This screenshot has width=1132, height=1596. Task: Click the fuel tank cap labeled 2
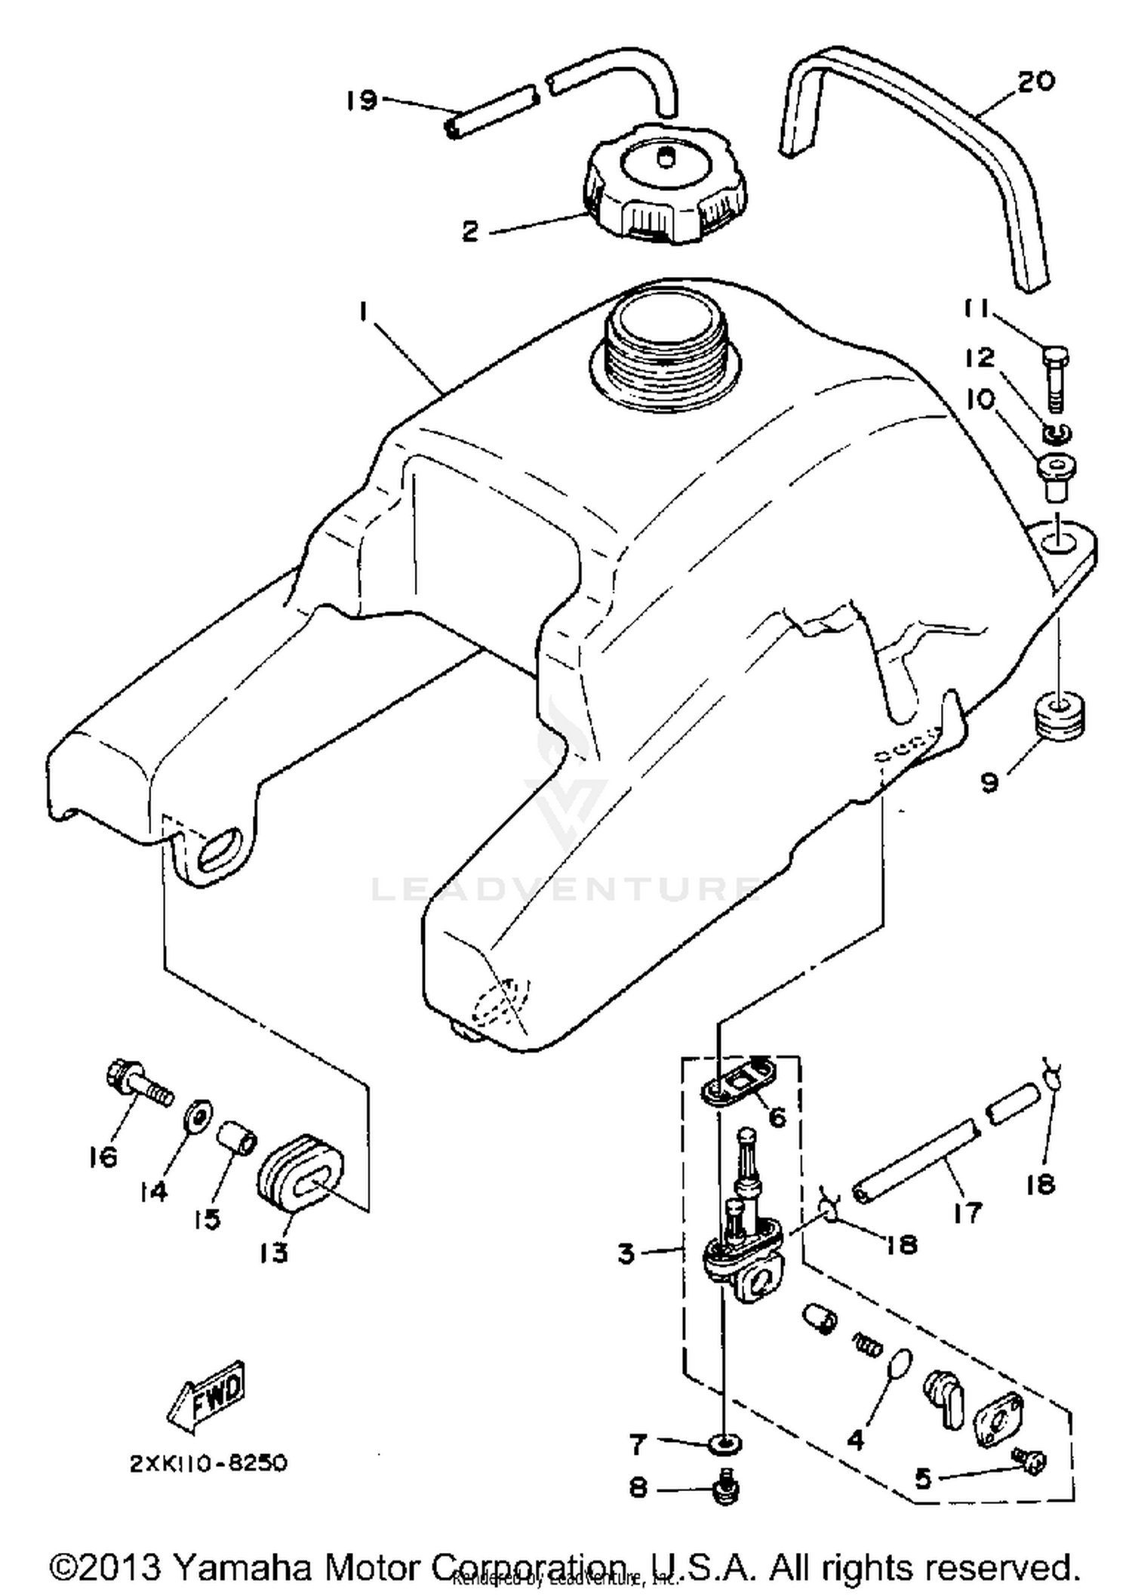[665, 186]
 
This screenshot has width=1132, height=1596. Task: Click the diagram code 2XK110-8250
[208, 1463]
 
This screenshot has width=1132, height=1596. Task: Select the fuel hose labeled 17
[915, 1163]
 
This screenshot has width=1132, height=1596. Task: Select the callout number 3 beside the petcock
[626, 1253]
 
